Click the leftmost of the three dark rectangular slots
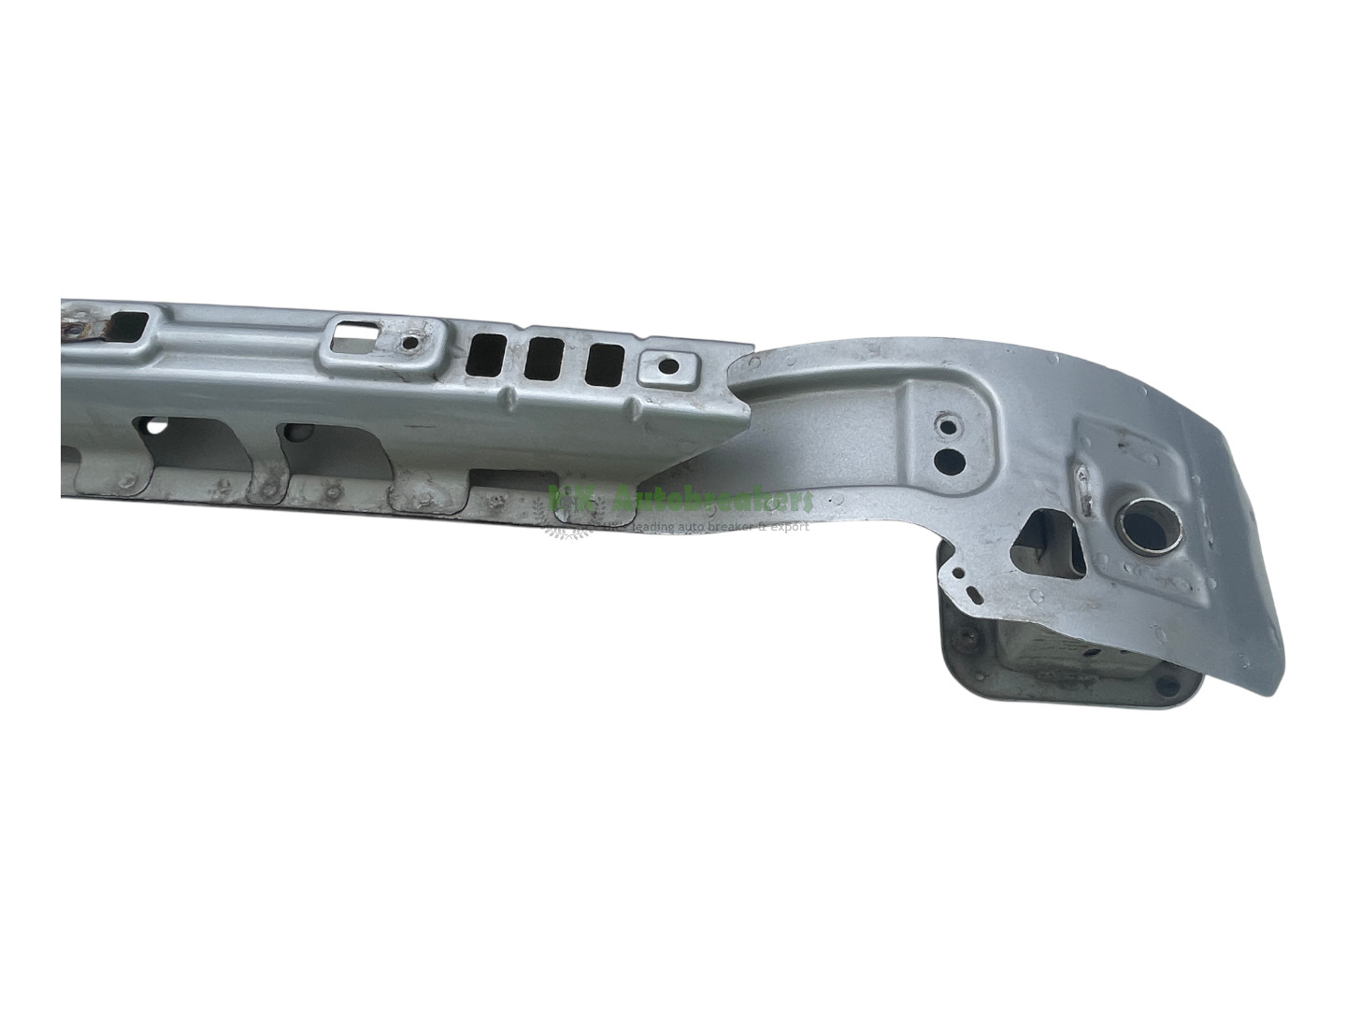pos(486,356)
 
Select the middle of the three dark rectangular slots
pos(545,359)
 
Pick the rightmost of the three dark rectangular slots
pos(606,364)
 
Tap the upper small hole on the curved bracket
pos(949,427)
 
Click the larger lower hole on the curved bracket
pos(951,459)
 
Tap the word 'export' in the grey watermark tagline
pos(788,526)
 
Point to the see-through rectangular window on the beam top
pos(352,341)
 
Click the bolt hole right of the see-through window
pos(408,343)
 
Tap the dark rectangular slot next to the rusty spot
pos(126,326)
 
